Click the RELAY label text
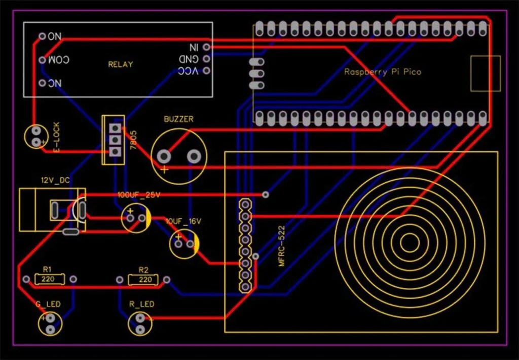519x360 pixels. [x=121, y=64]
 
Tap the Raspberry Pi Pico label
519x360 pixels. [x=383, y=72]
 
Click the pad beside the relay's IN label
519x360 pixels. [x=206, y=47]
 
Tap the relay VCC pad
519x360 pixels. [x=206, y=70]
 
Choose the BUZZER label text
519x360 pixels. [x=178, y=119]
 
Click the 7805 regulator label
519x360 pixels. [x=133, y=139]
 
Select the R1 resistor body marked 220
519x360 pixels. [x=50, y=279]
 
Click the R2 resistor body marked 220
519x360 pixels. [x=145, y=279]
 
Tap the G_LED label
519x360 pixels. [x=48, y=304]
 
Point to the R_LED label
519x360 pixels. [x=141, y=304]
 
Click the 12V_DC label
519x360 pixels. [x=55, y=180]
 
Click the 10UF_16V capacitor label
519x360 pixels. [x=183, y=222]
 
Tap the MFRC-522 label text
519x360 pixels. [x=282, y=246]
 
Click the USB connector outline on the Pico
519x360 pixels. [x=485, y=74]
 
